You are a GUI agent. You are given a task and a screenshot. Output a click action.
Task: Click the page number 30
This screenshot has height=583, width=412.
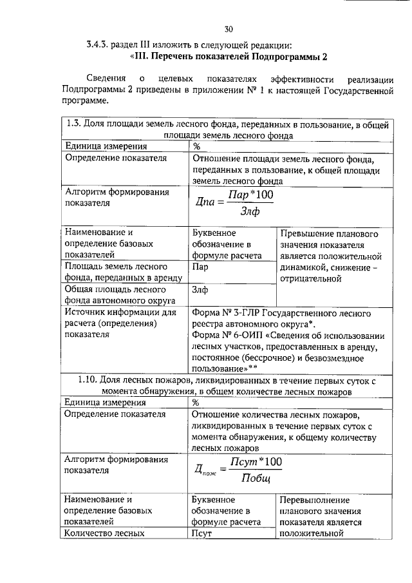point(229,29)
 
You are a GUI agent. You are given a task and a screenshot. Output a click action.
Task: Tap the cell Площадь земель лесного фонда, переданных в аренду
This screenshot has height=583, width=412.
point(124,271)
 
